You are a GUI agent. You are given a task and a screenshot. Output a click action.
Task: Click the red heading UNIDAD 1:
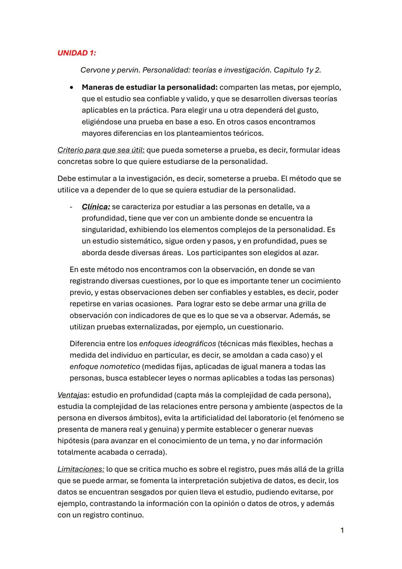pyautogui.click(x=76, y=53)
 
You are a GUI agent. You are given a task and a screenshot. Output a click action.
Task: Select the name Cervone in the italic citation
pyautogui.click(x=95, y=70)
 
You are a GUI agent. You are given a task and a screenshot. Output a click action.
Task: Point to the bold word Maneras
pyautogui.click(x=98, y=88)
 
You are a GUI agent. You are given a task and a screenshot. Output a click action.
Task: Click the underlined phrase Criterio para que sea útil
pyautogui.click(x=100, y=150)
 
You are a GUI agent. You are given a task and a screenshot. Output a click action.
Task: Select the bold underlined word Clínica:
pyautogui.click(x=96, y=207)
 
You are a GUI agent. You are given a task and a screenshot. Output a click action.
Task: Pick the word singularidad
pyautogui.click(x=104, y=230)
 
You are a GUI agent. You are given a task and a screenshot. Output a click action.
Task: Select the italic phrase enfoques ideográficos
pyautogui.click(x=177, y=344)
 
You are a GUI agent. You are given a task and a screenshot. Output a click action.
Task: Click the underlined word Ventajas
pyautogui.click(x=72, y=395)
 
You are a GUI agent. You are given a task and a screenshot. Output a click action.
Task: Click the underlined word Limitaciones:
pyautogui.click(x=81, y=470)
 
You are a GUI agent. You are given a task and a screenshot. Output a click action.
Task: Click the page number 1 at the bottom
pyautogui.click(x=342, y=530)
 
